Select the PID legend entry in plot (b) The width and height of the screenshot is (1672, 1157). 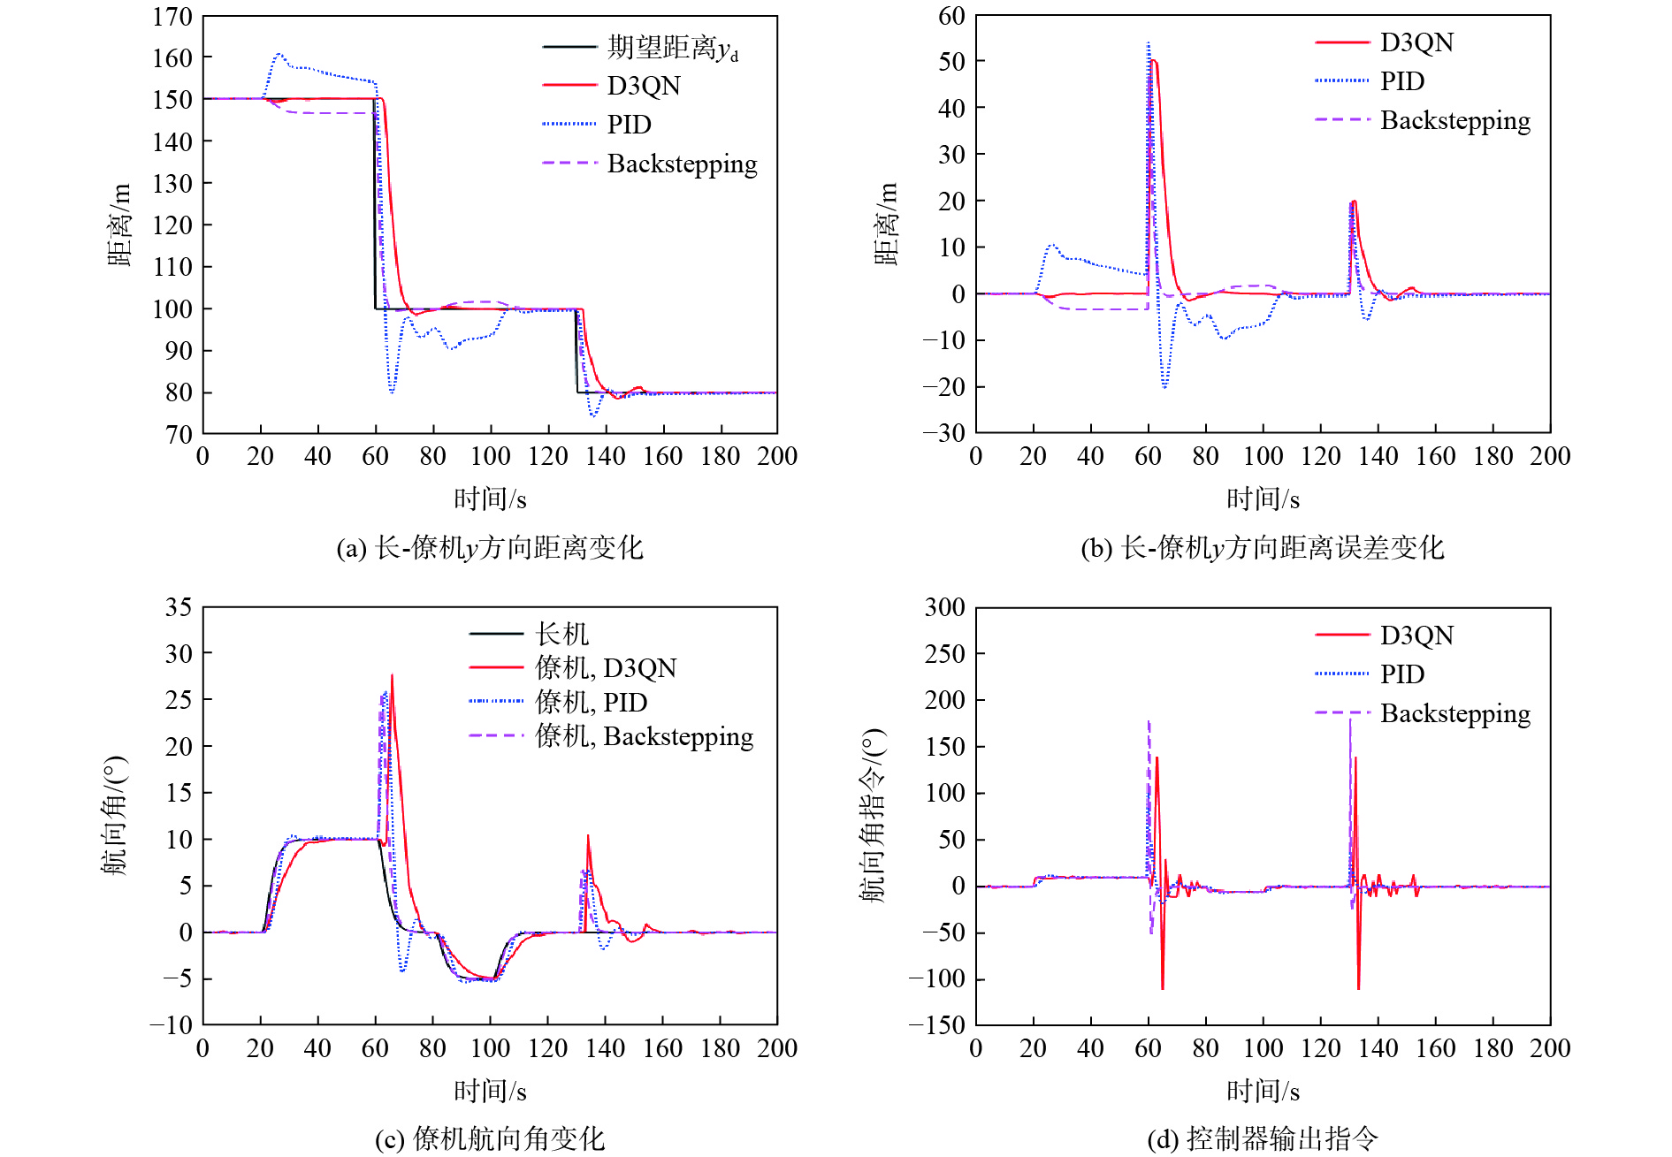1402,81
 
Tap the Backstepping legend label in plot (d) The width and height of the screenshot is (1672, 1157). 1454,713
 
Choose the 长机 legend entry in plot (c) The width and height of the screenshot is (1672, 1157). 561,634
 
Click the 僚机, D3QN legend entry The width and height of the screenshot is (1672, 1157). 606,668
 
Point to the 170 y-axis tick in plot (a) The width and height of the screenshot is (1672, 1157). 172,17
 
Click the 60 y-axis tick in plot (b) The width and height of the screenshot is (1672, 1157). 951,16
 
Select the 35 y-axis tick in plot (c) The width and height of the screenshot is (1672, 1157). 179,607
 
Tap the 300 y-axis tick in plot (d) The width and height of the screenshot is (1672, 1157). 944,607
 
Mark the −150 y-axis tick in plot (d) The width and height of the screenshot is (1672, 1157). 937,1025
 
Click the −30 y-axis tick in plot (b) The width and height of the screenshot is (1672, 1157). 944,433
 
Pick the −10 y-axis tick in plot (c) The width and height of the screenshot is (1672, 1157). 172,1025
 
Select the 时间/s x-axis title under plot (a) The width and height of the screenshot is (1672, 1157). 490,499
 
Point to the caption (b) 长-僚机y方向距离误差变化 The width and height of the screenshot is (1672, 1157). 1262,548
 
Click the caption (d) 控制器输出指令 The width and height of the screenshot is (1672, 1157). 1262,1138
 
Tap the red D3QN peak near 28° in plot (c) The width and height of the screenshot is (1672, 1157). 392,676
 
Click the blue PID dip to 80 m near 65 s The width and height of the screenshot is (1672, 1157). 392,391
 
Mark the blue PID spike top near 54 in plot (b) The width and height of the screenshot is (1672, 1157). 1149,42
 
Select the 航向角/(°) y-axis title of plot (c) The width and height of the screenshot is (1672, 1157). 115,815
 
